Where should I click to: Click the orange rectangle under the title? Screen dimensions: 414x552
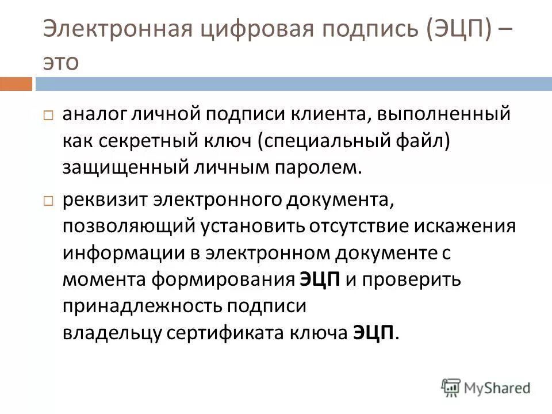16,84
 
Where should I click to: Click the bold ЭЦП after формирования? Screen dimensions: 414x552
320,279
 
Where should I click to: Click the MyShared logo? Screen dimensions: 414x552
486,387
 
